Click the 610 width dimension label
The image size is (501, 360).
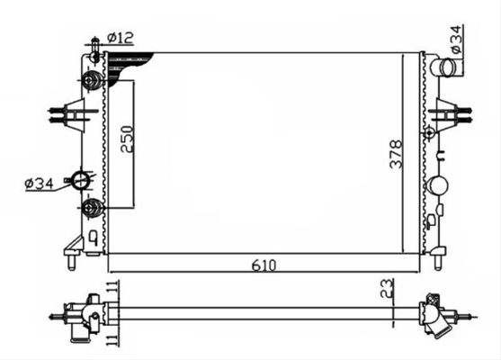264,265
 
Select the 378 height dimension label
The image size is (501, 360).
396,154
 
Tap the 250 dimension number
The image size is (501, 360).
127,139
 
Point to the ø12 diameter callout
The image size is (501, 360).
120,38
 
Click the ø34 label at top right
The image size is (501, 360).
456,39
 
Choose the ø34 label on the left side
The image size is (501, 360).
39,184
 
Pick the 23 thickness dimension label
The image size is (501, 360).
386,288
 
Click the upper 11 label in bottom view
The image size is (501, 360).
112,286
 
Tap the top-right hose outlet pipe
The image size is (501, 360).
447,67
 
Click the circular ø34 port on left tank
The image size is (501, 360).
80,180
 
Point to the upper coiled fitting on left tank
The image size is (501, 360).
92,80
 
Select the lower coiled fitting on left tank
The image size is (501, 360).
92,208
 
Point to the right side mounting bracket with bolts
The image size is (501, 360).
451,114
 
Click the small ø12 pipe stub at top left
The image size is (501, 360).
94,50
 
